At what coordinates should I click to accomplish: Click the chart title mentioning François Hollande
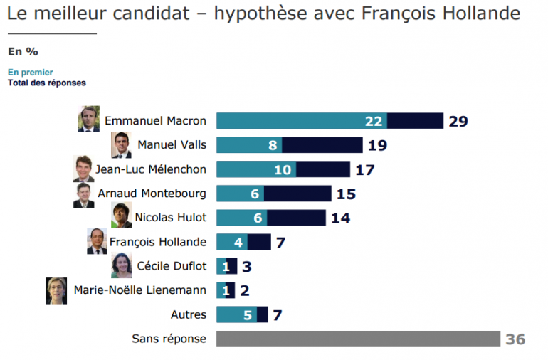[263, 14]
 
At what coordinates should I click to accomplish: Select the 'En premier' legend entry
[31, 72]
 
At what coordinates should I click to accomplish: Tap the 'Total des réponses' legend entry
[47, 83]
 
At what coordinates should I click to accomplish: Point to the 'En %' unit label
[23, 51]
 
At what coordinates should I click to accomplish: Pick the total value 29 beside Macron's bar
[458, 121]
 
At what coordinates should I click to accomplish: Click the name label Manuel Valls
[172, 145]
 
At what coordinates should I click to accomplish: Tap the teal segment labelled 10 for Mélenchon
[256, 169]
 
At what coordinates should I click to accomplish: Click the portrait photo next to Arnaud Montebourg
[83, 194]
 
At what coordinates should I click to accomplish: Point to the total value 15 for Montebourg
[347, 194]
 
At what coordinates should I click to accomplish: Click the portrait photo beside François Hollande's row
[97, 242]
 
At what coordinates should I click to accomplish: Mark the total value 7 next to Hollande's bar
[280, 242]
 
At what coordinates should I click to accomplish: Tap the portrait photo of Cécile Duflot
[121, 266]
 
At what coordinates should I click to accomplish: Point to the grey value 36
[515, 339]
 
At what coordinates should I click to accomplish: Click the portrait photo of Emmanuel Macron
[89, 120]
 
